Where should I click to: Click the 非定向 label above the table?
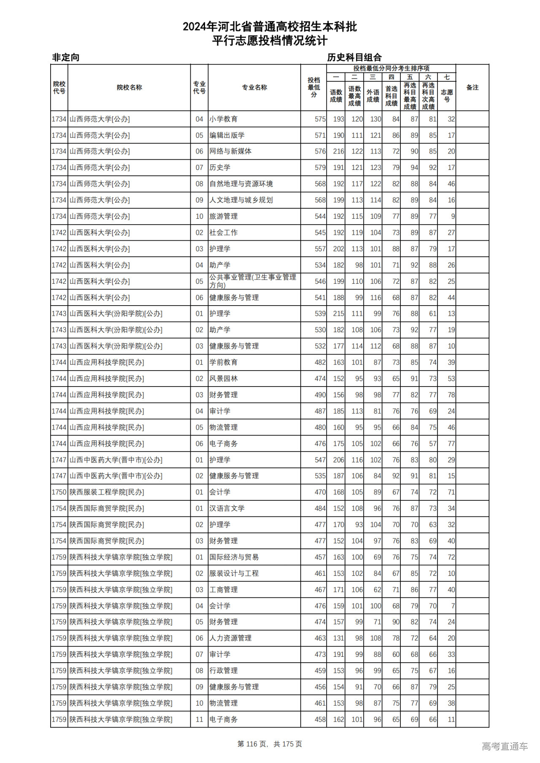66,57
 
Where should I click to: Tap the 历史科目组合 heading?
354,57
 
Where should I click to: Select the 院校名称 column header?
129,87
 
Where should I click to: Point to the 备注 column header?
472,87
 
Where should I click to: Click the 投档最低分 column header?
313,87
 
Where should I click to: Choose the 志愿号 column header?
447,96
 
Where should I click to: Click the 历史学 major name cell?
220,167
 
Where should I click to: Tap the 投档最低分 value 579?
320,167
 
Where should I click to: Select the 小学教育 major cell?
224,119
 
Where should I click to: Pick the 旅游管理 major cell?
224,216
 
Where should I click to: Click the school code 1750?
59,492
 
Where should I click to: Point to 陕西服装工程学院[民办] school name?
107,492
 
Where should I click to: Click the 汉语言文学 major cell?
227,508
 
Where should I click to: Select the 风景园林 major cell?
224,379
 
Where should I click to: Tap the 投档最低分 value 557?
320,249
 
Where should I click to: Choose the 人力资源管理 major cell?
231,638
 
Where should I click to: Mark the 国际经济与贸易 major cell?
234,557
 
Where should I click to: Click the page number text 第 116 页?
252,744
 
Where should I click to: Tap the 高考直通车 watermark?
505,746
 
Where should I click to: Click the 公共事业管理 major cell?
253,281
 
